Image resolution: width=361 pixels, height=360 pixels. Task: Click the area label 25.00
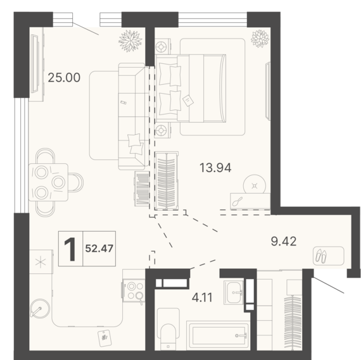coord(64,78)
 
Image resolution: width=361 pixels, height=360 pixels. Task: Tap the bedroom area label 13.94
coord(215,168)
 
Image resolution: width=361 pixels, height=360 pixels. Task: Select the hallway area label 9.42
coord(284,241)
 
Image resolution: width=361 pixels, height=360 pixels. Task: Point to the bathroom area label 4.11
coord(202,297)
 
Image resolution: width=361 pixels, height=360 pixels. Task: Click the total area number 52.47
coord(99,249)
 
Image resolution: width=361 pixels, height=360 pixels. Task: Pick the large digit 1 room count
coord(70,249)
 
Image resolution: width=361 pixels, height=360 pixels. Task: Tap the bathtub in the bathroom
coord(218,335)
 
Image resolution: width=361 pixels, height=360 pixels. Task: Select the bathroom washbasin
coord(234,292)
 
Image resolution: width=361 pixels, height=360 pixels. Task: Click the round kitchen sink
coord(40,309)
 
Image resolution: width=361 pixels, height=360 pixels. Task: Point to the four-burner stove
coord(134,290)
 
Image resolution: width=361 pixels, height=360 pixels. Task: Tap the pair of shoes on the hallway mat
coord(321,256)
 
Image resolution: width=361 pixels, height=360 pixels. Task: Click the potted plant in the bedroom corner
coord(260,39)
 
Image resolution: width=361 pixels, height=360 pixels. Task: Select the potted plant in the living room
coord(130,41)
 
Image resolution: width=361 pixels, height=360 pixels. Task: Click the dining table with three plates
coord(48,182)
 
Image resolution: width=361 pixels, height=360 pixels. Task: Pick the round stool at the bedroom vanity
coord(255,185)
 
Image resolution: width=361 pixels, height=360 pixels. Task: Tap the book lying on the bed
coord(188,101)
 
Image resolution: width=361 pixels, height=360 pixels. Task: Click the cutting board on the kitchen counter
coord(104,338)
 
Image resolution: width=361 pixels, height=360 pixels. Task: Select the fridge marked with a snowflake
coord(41,261)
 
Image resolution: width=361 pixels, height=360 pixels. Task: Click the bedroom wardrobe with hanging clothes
coord(167,180)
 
